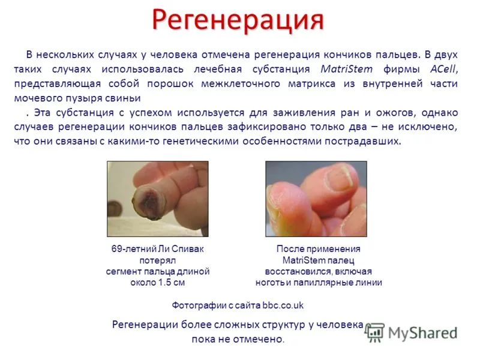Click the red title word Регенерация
pos(238,20)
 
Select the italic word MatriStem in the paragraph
pos(347,69)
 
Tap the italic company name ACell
pos(443,69)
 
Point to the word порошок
pos(170,84)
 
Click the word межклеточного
pos(241,84)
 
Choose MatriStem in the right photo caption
pos(301,260)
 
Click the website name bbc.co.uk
pos(283,305)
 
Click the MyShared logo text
pos(422,333)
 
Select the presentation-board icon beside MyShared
pos(374,332)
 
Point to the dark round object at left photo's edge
pos(114,209)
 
